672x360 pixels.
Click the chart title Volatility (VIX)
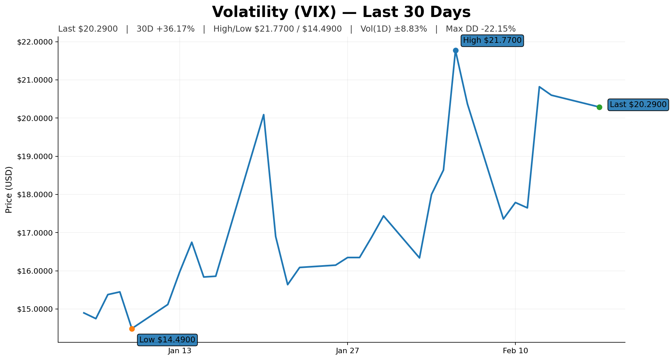(341, 12)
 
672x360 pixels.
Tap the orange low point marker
(132, 329)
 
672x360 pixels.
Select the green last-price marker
(599, 107)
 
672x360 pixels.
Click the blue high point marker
(456, 50)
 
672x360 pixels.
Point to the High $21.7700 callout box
(492, 40)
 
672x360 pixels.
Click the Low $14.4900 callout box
(167, 340)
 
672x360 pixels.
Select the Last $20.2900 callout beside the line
(638, 105)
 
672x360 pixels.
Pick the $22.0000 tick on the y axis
(35, 42)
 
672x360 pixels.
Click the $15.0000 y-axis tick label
(35, 309)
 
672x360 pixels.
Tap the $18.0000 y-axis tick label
(35, 194)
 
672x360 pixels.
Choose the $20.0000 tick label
(35, 118)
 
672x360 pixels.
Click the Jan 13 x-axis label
(180, 351)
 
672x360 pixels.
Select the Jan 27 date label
(348, 351)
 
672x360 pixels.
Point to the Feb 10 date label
(515, 351)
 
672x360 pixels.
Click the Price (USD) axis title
(9, 190)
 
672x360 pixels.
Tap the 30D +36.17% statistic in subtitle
(165, 29)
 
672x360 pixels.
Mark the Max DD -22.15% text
(480, 29)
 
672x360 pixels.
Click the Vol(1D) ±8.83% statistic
(393, 29)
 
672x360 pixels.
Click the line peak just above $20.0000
(264, 115)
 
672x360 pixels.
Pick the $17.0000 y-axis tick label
(35, 233)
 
